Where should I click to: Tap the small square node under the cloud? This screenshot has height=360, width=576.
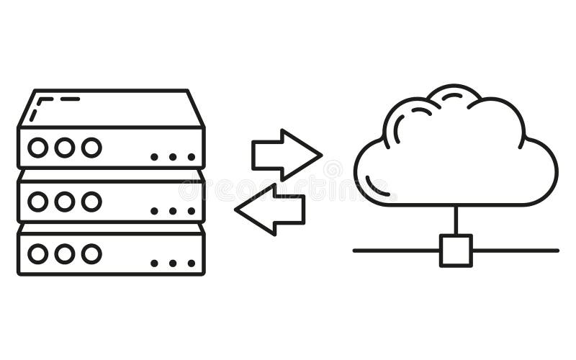[456, 251]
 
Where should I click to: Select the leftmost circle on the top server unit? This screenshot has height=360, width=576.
[37, 148]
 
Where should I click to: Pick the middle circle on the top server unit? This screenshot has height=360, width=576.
[65, 148]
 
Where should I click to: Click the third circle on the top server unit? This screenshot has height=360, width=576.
[91, 148]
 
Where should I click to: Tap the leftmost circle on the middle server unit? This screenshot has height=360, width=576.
[37, 202]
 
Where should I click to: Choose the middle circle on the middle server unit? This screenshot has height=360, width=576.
[65, 202]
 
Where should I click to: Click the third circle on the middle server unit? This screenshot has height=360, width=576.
[91, 202]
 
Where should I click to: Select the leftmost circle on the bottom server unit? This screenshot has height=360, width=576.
[37, 253]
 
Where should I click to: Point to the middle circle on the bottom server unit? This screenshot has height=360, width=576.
[65, 253]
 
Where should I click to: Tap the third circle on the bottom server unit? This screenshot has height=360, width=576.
[91, 253]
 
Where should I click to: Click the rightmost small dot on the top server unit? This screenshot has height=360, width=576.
[192, 157]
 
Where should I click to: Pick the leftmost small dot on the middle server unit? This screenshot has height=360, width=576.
[154, 211]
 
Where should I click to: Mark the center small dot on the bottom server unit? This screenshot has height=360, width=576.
[173, 264]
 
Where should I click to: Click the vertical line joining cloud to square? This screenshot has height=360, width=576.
[456, 220]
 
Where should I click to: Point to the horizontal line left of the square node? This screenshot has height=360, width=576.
[396, 251]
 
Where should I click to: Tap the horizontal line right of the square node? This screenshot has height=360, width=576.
[515, 251]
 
